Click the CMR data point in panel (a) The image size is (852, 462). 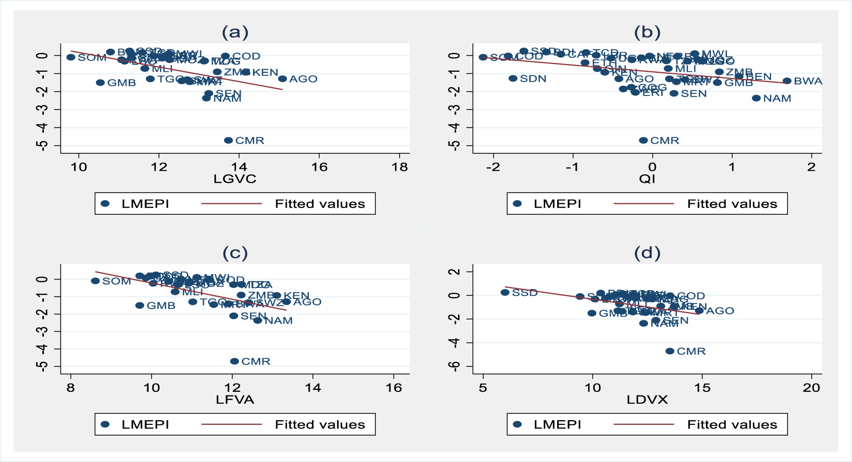[228, 140]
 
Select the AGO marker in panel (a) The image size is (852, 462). [282, 79]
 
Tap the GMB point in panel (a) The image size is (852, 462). [100, 83]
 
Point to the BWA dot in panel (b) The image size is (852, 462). [787, 81]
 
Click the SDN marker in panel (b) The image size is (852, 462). [513, 78]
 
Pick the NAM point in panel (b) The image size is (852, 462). [756, 98]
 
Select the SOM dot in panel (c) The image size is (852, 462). [95, 281]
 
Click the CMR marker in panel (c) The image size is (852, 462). [234, 361]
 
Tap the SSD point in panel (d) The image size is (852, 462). [505, 293]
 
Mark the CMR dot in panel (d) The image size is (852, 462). [670, 351]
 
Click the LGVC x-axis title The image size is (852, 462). [235, 179]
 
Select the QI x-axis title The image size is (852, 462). [647, 179]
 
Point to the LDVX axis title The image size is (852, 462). [647, 400]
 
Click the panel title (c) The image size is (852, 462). [235, 253]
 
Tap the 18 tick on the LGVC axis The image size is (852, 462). [400, 167]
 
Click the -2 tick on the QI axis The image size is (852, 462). [493, 167]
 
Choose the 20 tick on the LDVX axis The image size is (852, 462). [811, 388]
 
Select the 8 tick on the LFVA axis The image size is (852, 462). [71, 388]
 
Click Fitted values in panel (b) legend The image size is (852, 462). [732, 204]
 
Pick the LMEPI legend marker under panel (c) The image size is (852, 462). [105, 424]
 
